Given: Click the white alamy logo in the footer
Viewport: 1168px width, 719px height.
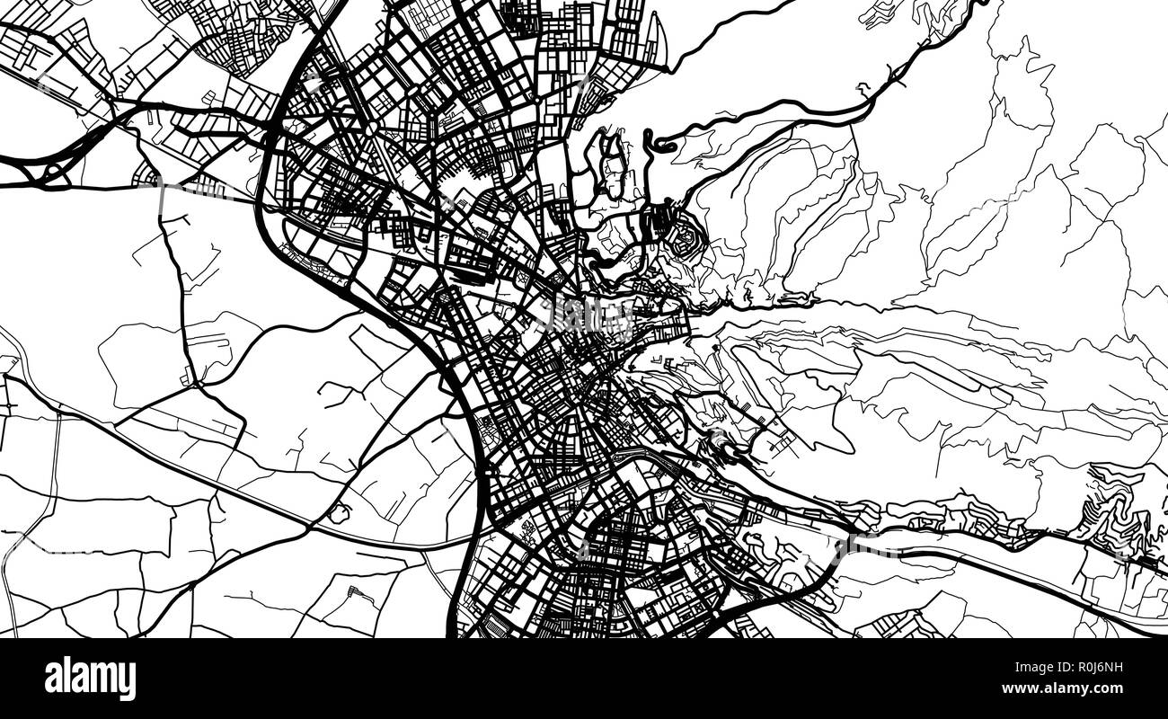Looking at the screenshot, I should pyautogui.click(x=90, y=679).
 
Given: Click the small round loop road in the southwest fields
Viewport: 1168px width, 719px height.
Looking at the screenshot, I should pyautogui.click(x=339, y=513).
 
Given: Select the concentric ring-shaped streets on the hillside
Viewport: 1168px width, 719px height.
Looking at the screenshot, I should pyautogui.click(x=680, y=236).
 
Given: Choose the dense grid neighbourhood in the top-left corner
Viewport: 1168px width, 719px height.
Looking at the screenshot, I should pyautogui.click(x=234, y=36).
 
